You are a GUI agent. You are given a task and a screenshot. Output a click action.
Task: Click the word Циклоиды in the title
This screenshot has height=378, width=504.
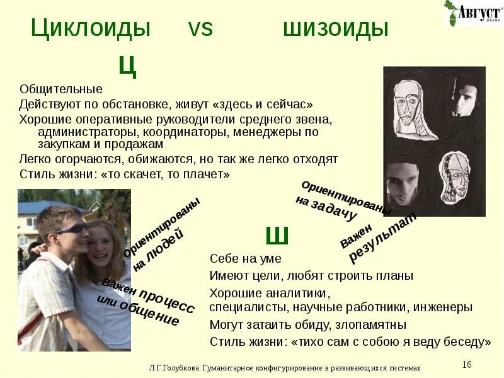(91, 28)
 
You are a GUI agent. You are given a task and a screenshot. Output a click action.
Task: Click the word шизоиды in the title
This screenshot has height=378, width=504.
(335, 28)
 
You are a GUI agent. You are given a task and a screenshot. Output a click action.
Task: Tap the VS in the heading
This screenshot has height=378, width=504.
(200, 29)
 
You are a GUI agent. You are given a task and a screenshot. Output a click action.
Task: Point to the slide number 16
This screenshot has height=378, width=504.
(467, 365)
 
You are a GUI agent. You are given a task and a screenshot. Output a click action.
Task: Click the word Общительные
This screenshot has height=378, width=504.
(60, 89)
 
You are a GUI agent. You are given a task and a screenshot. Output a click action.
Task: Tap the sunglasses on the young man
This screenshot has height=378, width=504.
(70, 229)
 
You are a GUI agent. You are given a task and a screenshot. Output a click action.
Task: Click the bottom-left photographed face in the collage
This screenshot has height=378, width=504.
(403, 183)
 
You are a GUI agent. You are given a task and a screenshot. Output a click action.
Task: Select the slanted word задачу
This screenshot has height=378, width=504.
(326, 209)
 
